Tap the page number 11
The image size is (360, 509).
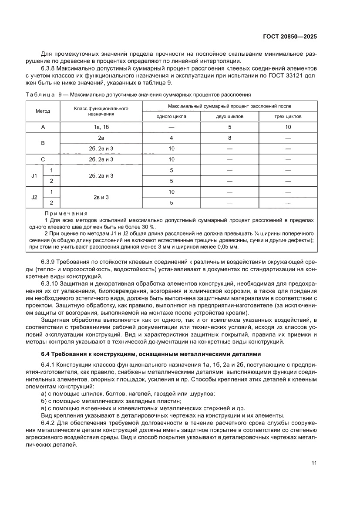point(313,463)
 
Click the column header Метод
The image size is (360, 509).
point(43,111)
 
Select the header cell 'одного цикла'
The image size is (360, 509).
point(171,117)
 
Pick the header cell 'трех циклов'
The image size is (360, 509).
point(288,117)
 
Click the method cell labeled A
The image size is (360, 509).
point(43,127)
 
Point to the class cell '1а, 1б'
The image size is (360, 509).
point(101,127)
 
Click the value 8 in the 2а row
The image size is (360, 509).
point(229,138)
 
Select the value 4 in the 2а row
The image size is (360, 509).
point(171,138)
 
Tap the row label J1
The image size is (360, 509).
point(34,175)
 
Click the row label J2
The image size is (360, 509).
point(34,197)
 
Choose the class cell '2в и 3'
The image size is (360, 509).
point(101,197)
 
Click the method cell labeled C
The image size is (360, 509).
point(43,159)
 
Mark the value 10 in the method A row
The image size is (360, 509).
point(288,127)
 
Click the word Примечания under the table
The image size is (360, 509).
point(66,214)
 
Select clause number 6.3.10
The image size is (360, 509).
point(50,283)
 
